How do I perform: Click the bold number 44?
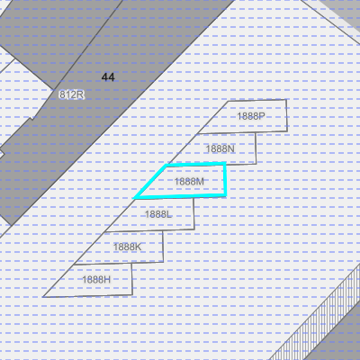(108, 77)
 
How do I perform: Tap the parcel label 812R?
(71, 94)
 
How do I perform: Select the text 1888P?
(251, 116)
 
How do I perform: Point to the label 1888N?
(220, 148)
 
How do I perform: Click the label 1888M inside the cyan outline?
(189, 182)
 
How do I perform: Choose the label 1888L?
(158, 214)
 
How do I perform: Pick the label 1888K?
(127, 247)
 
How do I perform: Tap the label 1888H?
(96, 280)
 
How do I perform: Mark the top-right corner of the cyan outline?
(225, 163)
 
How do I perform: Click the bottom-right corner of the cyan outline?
(226, 195)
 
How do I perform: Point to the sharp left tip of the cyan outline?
(133, 198)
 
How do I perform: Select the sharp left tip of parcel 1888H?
(43, 297)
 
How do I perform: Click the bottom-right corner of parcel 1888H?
(132, 294)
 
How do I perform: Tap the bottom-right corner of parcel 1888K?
(164, 262)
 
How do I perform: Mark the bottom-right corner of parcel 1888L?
(194, 229)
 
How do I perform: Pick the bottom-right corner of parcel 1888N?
(256, 164)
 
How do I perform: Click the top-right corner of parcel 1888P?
(286, 100)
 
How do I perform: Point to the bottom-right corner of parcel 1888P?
(287, 131)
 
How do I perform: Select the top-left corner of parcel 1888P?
(228, 101)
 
